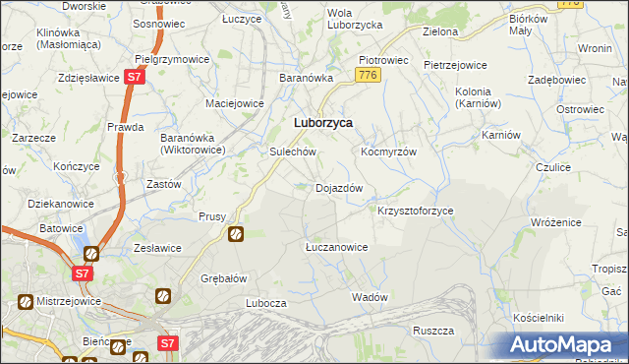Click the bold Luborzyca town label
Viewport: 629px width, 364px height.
point(324,123)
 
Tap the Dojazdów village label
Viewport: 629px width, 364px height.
point(339,188)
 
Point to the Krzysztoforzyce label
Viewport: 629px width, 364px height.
point(415,211)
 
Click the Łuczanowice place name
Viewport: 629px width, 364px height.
point(336,247)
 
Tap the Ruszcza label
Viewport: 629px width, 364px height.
point(432,331)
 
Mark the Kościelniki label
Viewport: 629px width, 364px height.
point(538,319)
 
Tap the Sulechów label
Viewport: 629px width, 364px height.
point(292,152)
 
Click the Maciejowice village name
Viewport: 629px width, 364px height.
point(233,101)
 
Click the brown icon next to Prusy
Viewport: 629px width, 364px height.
point(236,234)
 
